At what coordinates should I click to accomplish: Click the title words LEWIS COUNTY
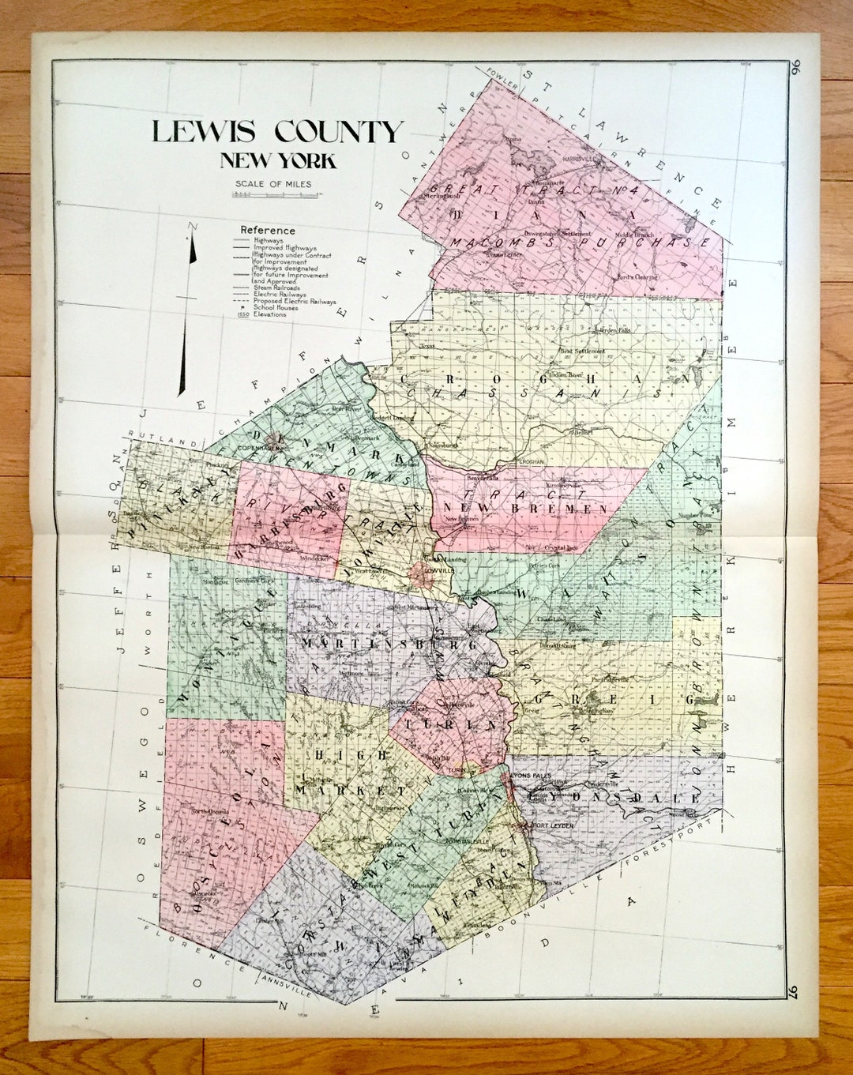pos(277,132)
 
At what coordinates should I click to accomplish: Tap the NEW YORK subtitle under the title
pos(278,161)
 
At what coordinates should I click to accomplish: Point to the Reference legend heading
pos(268,230)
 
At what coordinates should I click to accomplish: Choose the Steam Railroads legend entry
pos(276,288)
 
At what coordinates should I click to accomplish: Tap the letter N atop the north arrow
pos(190,227)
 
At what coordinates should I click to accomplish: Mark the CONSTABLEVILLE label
pos(468,842)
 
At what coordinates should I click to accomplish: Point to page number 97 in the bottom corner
pos(795,991)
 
